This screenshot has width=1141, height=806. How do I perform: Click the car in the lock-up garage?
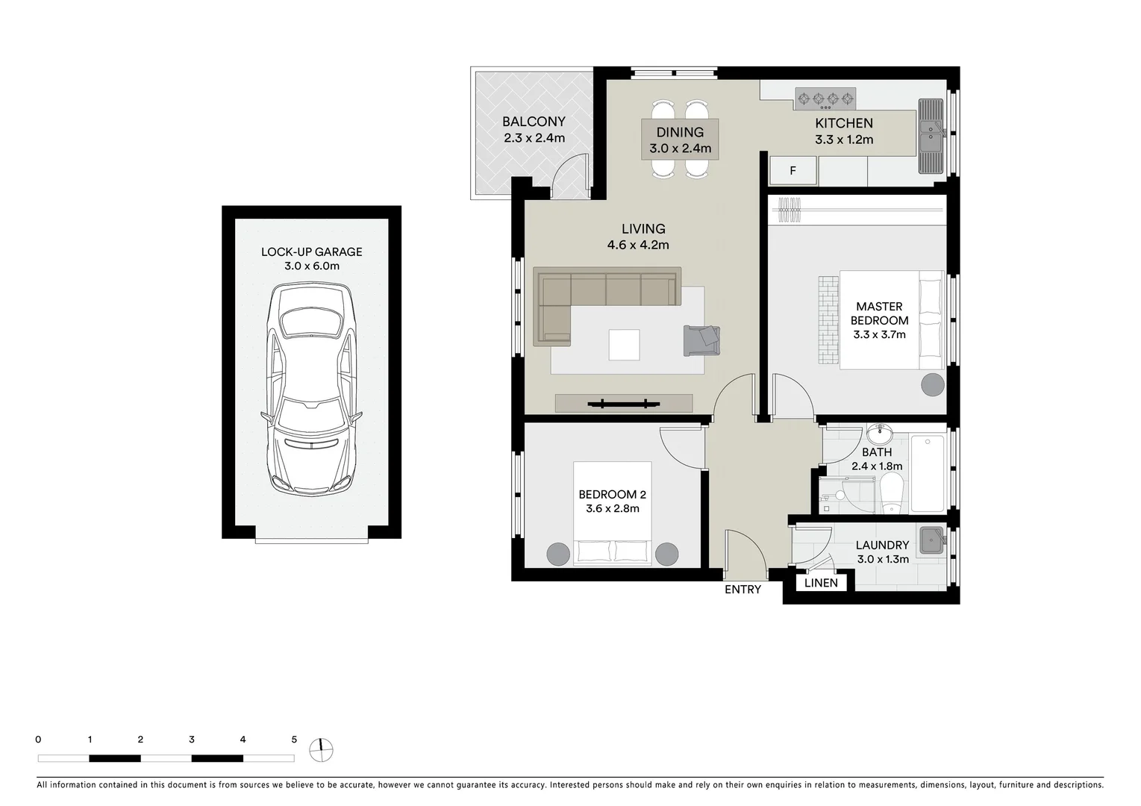click(311, 387)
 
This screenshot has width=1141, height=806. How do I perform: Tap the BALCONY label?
click(534, 122)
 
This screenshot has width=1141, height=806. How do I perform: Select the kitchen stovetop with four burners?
click(825, 98)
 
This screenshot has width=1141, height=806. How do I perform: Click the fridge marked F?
click(793, 171)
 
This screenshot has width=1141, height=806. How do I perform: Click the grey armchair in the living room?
click(701, 340)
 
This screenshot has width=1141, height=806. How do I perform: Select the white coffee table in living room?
click(624, 345)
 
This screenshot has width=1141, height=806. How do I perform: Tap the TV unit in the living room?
click(624, 403)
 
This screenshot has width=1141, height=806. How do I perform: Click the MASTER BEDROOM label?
click(879, 313)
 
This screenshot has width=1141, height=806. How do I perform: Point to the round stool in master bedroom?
click(932, 384)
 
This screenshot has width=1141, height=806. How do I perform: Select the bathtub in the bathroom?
click(928, 472)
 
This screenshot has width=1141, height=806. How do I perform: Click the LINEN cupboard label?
click(821, 583)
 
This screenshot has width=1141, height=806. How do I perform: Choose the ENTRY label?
click(743, 590)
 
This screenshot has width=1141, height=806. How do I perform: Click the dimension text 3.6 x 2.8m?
click(612, 509)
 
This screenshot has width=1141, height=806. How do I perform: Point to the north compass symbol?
click(321, 749)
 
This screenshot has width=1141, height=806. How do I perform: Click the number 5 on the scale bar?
click(294, 740)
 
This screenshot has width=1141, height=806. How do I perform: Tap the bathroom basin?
click(881, 433)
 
